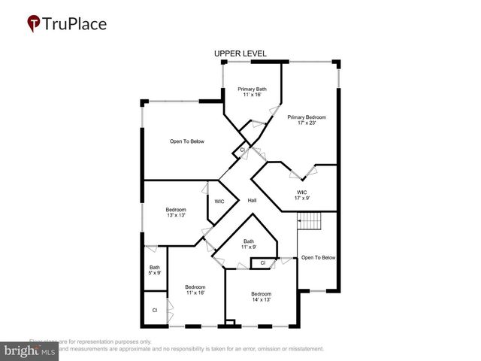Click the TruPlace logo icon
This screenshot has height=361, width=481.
click(x=34, y=23)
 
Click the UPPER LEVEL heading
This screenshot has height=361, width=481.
click(x=240, y=53)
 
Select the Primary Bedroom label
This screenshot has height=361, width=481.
click(x=307, y=117)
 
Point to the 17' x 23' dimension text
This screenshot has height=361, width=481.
click(x=307, y=124)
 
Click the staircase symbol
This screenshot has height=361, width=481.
click(x=310, y=222)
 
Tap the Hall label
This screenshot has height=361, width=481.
click(x=253, y=201)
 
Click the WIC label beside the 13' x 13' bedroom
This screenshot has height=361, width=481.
click(x=219, y=202)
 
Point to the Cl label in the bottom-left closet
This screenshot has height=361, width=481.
click(x=155, y=310)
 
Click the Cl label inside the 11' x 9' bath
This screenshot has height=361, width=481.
click(x=262, y=263)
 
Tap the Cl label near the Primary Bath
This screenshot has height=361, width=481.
click(x=242, y=150)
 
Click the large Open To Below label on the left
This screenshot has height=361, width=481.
click(x=186, y=141)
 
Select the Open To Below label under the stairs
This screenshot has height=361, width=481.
click(x=318, y=258)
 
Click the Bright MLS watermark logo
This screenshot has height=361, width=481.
click(x=30, y=350)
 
